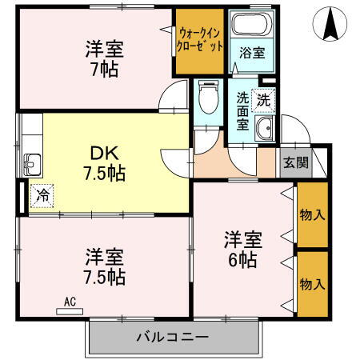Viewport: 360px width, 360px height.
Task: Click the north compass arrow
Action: [329, 24]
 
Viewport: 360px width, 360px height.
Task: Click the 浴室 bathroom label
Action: [252, 54]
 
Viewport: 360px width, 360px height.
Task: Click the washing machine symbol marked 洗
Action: [264, 100]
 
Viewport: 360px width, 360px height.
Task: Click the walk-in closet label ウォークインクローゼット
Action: [201, 39]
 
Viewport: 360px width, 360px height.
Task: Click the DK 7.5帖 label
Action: [105, 161]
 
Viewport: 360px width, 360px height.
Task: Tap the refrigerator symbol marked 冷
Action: [41, 194]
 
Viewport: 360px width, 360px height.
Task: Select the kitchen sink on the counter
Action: [30, 165]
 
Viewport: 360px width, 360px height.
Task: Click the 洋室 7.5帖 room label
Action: [105, 267]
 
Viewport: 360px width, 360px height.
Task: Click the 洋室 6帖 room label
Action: [242, 248]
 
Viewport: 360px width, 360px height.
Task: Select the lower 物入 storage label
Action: [312, 283]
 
